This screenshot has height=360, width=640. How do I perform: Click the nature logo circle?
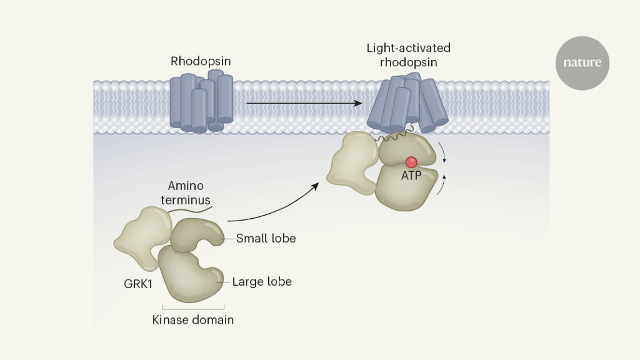coord(582,62)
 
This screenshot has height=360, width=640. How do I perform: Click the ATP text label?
coord(411,176)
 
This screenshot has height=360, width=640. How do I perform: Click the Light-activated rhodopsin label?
coord(409,55)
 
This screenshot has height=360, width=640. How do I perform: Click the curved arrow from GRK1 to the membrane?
coord(275,206)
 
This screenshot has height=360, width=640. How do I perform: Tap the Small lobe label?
coord(266,238)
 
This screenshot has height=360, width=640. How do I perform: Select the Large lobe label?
coord(262,282)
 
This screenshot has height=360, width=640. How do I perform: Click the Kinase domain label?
coord(193,320)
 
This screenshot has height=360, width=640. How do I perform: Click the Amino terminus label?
coord(189,194)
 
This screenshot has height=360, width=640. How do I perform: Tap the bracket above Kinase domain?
coord(193,307)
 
